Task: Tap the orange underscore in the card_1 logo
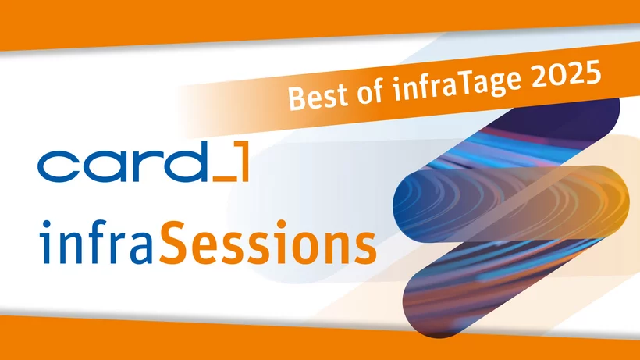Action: click(225, 179)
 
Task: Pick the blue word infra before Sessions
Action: click(97, 242)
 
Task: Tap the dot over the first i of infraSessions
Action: click(46, 224)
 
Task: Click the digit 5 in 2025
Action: click(592, 73)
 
